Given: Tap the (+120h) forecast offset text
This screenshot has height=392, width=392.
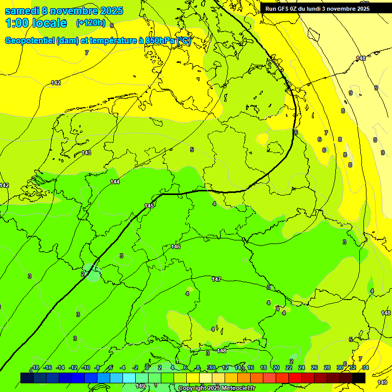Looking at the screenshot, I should [x=90, y=22].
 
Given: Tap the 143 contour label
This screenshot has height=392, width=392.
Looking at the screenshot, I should [x=86, y=153].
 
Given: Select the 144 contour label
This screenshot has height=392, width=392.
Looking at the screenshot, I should [x=115, y=182].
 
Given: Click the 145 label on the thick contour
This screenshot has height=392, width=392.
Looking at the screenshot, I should [x=149, y=206].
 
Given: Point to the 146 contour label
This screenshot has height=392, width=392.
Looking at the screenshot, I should [x=176, y=247].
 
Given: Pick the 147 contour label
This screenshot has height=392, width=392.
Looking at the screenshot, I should [x=216, y=279].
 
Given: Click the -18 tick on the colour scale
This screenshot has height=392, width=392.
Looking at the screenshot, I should [x=35, y=367].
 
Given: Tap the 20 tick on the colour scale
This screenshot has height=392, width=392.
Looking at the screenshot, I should [x=276, y=367].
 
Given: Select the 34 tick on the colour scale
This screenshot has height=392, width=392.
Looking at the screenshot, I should [x=365, y=367].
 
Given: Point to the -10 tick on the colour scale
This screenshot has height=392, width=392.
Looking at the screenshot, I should [x=86, y=367].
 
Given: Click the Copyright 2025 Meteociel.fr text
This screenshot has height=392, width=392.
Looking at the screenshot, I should [x=216, y=388].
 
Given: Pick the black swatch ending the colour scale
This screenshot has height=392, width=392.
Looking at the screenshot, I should [x=359, y=378].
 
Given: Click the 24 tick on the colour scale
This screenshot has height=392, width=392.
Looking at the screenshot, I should [x=301, y=367].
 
